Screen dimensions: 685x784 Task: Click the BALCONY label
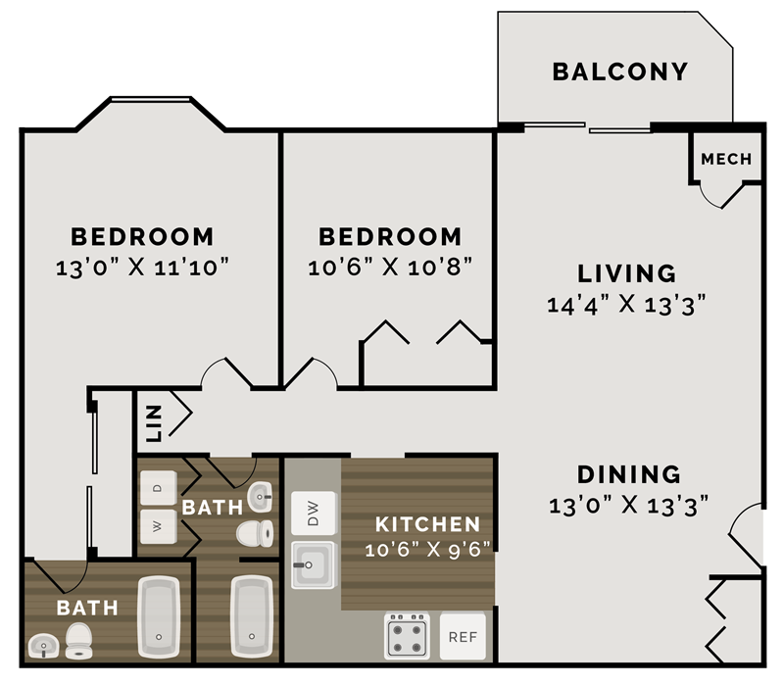coord(619,72)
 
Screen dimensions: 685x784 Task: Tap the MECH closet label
coord(726,159)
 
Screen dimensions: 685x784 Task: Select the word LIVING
coord(626,272)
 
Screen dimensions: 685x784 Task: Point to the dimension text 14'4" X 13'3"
coord(626,304)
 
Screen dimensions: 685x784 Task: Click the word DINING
coord(628,474)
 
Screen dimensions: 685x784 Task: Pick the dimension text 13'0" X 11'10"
coord(142,266)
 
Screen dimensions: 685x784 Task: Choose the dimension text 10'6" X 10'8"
coord(390,266)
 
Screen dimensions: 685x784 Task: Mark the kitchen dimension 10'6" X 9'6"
coord(427,550)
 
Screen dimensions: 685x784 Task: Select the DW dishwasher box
coord(314,514)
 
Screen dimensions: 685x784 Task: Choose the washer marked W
coord(158,523)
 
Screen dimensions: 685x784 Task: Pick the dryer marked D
coord(158,485)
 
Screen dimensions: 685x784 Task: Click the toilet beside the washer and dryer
coord(256,533)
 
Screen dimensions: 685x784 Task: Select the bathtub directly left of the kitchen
coord(251,615)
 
